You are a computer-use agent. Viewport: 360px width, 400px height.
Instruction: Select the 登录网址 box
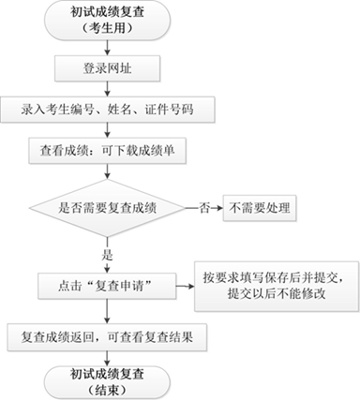(108, 68)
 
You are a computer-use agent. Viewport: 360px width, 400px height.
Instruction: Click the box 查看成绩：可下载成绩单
(108, 150)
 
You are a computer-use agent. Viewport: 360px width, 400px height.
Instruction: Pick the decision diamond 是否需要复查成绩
(108, 206)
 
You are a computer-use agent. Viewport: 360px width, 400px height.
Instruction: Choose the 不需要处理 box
(256, 206)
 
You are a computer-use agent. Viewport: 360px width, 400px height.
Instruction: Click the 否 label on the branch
(202, 206)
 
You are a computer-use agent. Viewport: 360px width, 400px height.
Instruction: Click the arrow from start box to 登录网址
(108, 47)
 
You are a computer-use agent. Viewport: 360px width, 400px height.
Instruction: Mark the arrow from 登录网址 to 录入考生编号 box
(108, 88)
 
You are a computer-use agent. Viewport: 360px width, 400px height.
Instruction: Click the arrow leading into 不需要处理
(216, 206)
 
